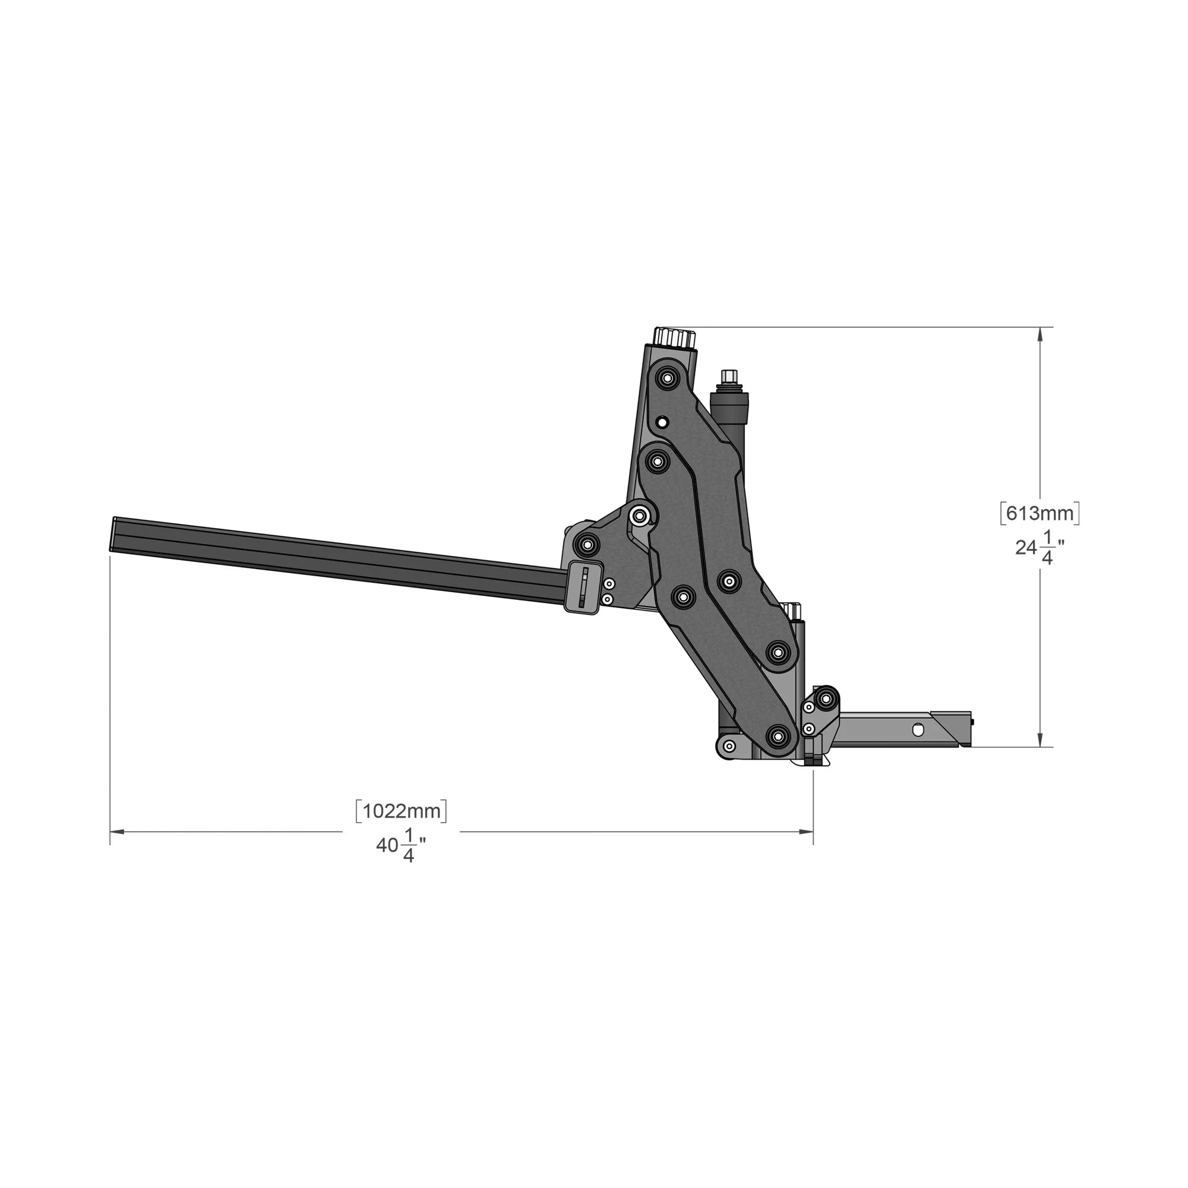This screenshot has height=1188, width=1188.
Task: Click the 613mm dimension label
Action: click(1040, 513)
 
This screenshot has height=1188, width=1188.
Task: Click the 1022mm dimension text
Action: click(402, 811)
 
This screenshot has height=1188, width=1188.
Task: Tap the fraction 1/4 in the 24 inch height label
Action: click(1047, 548)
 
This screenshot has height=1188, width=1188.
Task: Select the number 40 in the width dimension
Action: click(387, 845)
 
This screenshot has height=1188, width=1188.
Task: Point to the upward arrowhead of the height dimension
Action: click(1040, 334)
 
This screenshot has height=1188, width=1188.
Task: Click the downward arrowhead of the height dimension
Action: click(1040, 740)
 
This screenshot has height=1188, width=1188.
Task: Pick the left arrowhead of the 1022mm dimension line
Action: click(118, 832)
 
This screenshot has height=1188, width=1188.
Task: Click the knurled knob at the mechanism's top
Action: click(675, 337)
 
